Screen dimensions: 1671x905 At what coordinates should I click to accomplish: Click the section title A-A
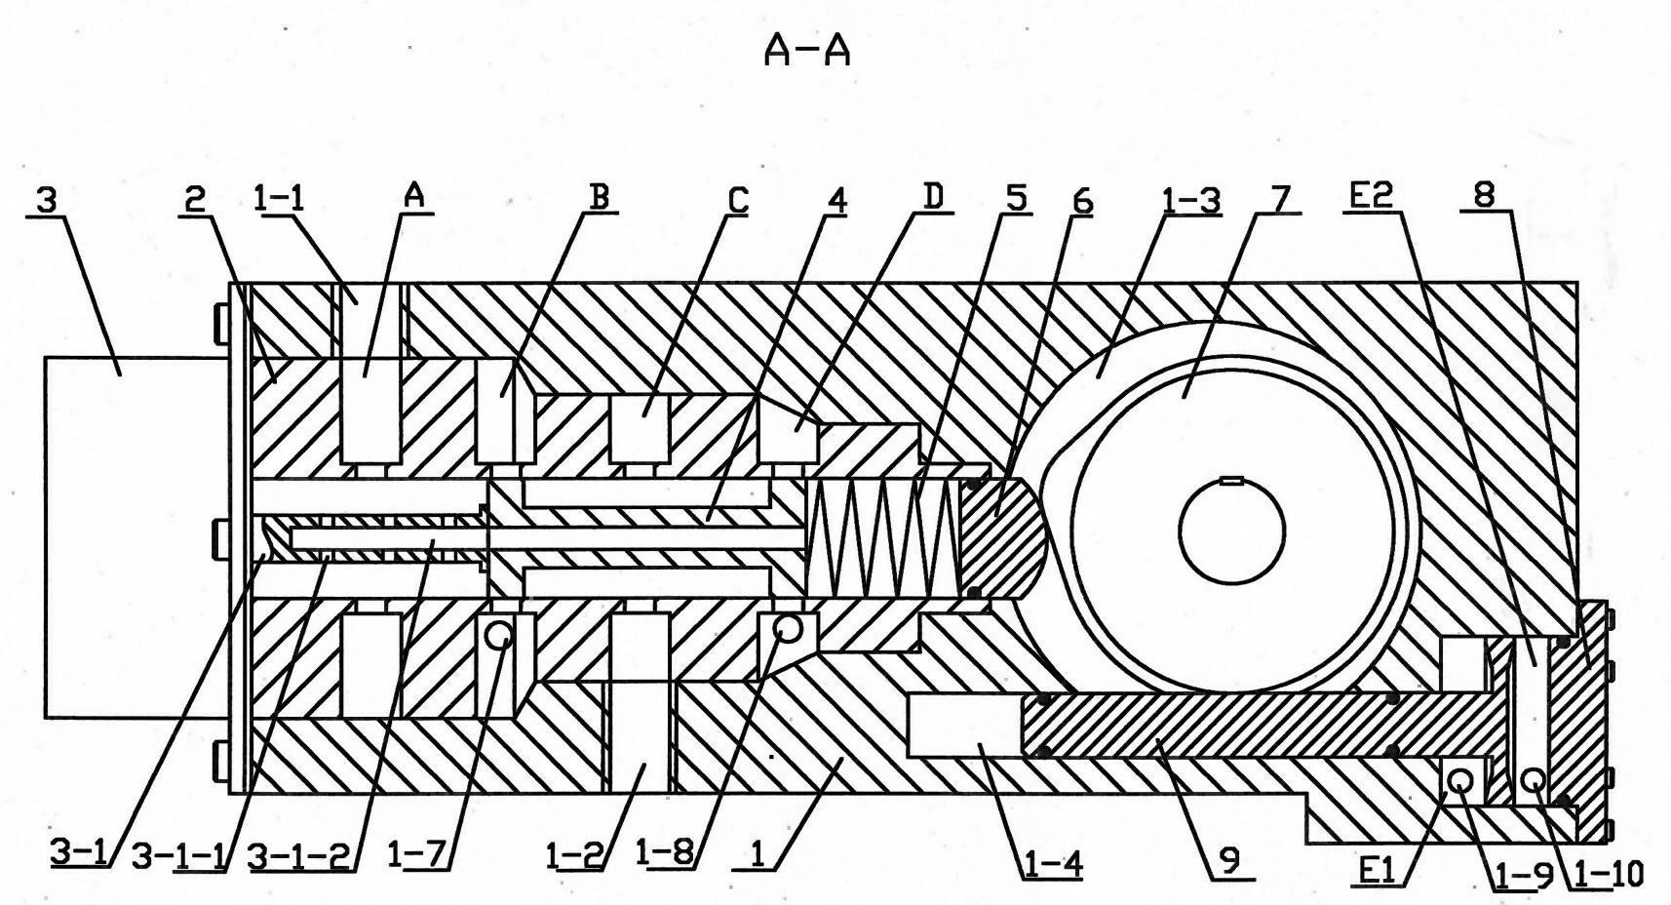point(807,52)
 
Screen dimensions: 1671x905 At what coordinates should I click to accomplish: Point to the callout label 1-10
point(1607,874)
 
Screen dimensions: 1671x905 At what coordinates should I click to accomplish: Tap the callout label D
point(933,197)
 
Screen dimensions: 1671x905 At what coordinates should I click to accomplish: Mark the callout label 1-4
point(1051,865)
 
